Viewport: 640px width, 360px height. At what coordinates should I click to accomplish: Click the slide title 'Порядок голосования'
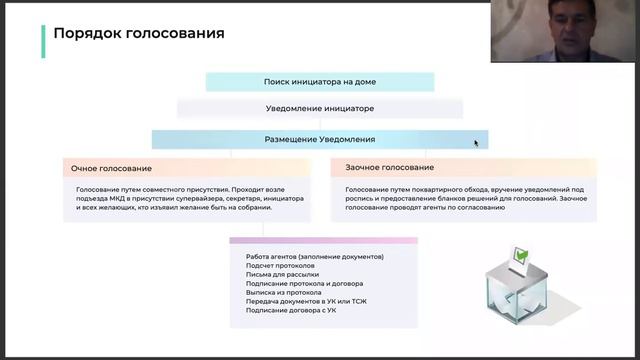[138, 34]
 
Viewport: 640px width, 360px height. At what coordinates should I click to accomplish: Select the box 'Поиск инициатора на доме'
[319, 82]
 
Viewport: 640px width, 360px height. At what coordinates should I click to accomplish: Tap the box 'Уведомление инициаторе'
[319, 108]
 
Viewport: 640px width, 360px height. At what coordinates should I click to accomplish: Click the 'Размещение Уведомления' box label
[319, 140]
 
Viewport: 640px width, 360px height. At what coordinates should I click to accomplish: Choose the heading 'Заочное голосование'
[390, 167]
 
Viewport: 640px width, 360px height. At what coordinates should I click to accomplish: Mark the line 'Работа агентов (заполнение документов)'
[315, 257]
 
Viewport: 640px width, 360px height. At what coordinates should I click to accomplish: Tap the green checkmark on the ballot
[519, 254]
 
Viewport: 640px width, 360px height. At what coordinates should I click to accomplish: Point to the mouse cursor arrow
[476, 143]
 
